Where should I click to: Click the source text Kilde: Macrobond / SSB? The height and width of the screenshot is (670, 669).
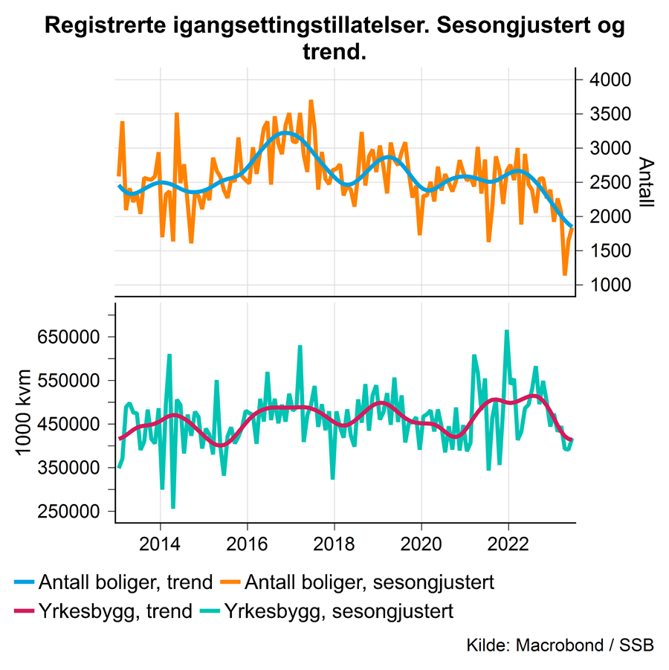tap(560, 645)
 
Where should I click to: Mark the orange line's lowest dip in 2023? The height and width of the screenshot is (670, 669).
tap(565, 275)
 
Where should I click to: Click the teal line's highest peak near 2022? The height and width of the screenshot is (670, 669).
tap(507, 331)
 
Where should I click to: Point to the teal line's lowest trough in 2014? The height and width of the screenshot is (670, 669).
tap(173, 508)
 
